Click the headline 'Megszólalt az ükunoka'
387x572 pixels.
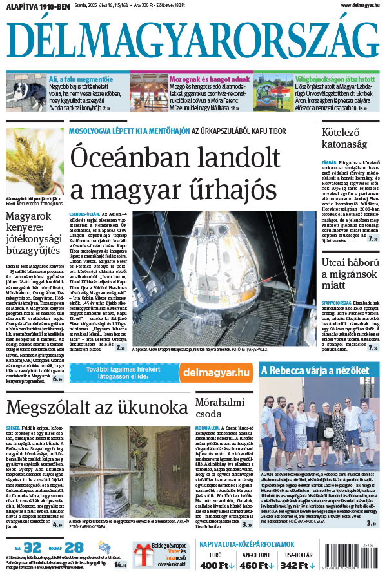97,408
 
